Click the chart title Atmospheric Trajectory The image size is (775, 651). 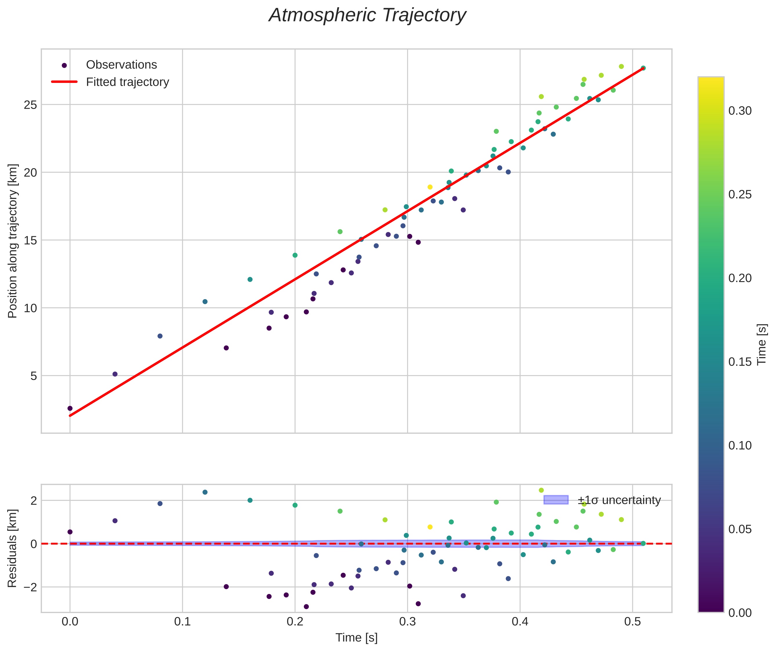point(367,15)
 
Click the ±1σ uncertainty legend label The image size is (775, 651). point(619,501)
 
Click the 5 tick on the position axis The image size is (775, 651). point(34,376)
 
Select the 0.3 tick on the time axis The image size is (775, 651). point(407,622)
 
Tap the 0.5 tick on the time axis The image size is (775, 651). point(632,622)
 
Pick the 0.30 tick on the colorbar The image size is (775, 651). point(740,111)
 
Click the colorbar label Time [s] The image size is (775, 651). point(761,344)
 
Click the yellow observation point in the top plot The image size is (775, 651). point(430,187)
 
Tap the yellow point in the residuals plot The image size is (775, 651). point(430,527)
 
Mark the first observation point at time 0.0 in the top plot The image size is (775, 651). point(70,408)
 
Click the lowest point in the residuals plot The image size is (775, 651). point(306,607)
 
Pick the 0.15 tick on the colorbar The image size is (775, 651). point(740,362)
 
